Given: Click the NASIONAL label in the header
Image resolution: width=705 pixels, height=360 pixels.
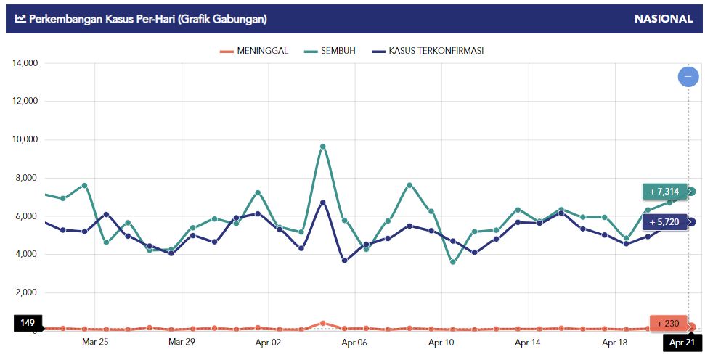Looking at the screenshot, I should click(x=664, y=19).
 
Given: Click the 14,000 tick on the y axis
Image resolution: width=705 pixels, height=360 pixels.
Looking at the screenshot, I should click(x=25, y=63).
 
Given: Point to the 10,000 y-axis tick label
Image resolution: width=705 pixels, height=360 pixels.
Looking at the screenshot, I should click(x=25, y=139).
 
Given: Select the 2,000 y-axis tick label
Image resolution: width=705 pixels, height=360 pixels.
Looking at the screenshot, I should click(x=27, y=292).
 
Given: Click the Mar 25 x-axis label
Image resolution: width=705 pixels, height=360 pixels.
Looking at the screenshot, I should click(x=95, y=341).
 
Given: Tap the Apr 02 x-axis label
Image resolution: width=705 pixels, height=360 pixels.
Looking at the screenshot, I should click(x=269, y=341).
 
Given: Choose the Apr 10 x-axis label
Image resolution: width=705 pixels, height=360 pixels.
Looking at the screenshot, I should click(x=441, y=341).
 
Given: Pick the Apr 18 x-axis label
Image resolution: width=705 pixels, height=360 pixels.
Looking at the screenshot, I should click(x=615, y=341).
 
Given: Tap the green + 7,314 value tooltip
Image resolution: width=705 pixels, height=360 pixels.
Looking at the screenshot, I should click(x=664, y=192).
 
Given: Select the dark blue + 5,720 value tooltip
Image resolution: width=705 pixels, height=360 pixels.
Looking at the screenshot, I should click(x=664, y=222).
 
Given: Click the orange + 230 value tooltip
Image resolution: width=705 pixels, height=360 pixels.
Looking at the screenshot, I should click(x=667, y=324).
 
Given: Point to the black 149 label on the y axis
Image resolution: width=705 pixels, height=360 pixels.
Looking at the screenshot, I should click(x=28, y=323).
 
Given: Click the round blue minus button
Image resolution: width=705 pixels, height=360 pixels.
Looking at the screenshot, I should click(x=688, y=76).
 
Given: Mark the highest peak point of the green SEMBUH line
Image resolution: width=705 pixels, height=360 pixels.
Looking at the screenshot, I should click(x=322, y=147).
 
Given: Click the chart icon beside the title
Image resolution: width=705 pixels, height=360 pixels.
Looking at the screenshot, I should click(x=20, y=19).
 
